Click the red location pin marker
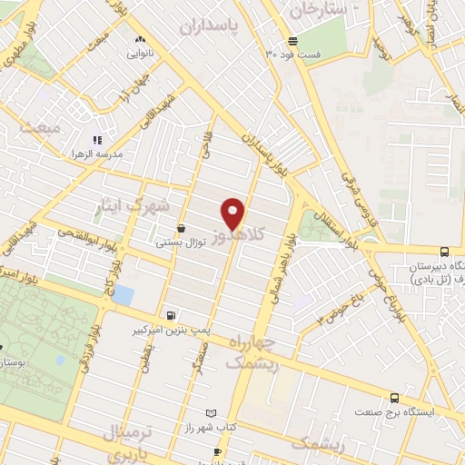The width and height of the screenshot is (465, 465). tap(233, 213)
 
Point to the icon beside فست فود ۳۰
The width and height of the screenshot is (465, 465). tap(293, 40)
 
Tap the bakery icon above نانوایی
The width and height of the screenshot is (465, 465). tap(140, 41)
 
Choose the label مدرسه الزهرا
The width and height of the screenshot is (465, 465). tap(126, 154)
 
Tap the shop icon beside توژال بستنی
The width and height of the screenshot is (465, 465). tap(183, 230)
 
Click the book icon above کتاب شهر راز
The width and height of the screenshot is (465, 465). tap(212, 412)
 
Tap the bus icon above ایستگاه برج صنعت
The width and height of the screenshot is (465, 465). tap(394, 398)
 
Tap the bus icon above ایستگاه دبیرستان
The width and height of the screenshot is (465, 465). tap(443, 252)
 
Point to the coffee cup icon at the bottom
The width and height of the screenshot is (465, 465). tap(217, 451)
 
